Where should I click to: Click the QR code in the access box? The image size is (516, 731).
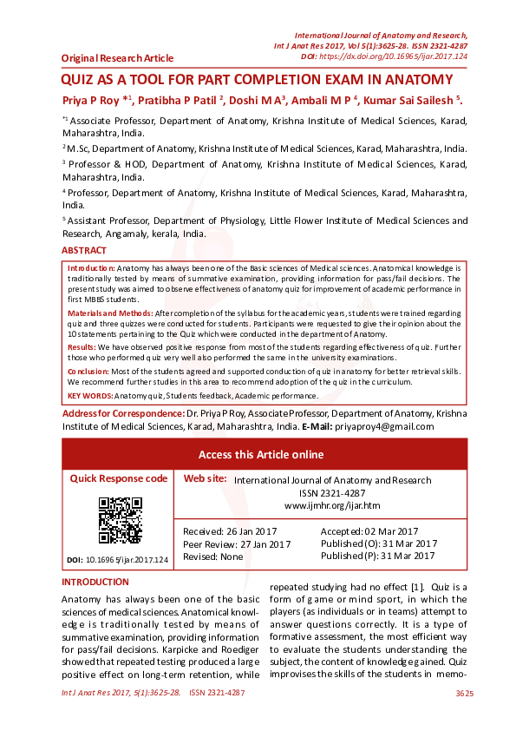pos(119,520)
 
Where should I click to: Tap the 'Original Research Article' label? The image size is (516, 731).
pos(117,58)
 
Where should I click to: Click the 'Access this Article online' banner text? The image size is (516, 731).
pos(261,454)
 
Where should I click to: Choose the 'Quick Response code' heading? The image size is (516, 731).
pos(119,478)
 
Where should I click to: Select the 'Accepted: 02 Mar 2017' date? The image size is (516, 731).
pos(369,531)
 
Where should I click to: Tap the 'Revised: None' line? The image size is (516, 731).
pos(212,556)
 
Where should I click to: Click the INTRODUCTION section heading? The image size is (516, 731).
pos(95,582)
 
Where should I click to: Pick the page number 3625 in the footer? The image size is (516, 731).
pos(464,694)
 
